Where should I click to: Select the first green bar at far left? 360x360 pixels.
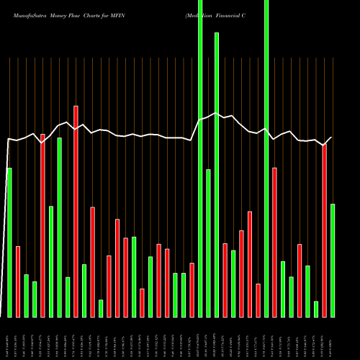9,242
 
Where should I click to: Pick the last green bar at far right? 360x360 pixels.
333,260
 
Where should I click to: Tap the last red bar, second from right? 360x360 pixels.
325,230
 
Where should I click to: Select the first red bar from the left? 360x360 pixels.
18,282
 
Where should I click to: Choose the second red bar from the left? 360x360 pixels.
42,225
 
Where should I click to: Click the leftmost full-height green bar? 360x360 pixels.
200,158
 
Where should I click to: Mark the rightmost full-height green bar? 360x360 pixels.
266,158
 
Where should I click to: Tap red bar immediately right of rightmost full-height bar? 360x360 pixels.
275,242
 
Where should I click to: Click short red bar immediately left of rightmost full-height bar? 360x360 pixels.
258,300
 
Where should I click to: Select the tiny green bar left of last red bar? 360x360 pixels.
316,309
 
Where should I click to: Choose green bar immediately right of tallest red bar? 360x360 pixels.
84,290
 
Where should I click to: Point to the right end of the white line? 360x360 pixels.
332,137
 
